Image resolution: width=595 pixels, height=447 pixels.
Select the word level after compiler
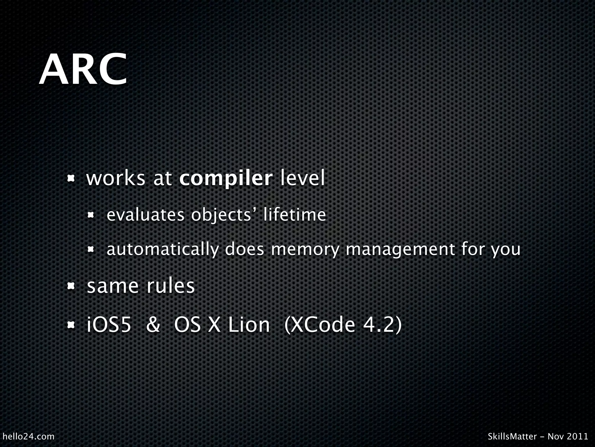coord(302,179)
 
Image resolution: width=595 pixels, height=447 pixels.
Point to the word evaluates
coord(146,215)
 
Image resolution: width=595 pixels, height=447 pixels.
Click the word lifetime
coord(295,215)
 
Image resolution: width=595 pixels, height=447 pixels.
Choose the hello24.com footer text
coord(28,437)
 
